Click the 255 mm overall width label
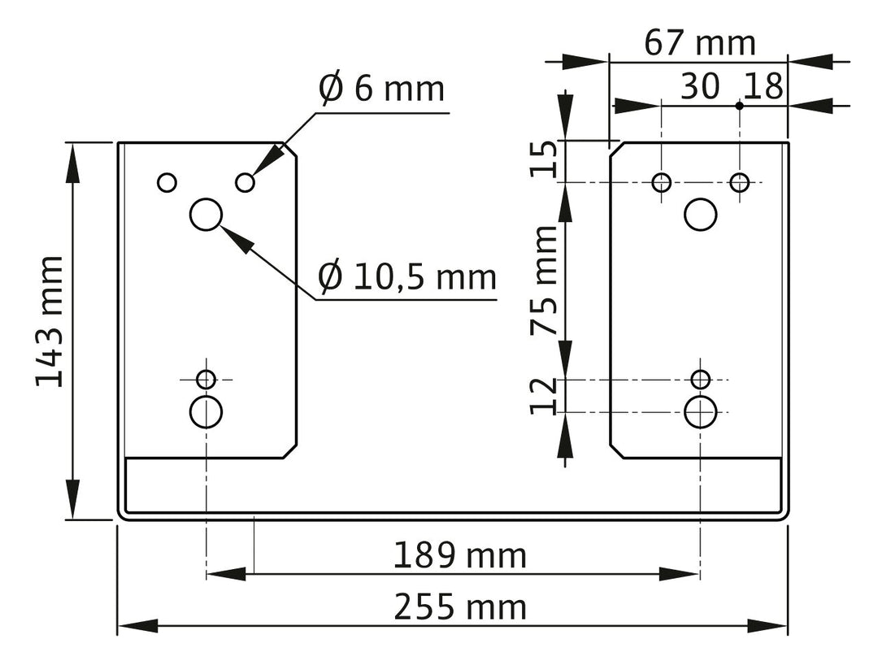tap(460, 607)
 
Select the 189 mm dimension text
tap(459, 555)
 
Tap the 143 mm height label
tap(50, 321)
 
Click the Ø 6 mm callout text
tap(382, 88)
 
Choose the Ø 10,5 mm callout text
tap(407, 276)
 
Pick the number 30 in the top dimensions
tap(700, 87)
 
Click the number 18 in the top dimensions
tap(763, 87)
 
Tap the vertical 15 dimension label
tap(544, 159)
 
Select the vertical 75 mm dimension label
tap(544, 280)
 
